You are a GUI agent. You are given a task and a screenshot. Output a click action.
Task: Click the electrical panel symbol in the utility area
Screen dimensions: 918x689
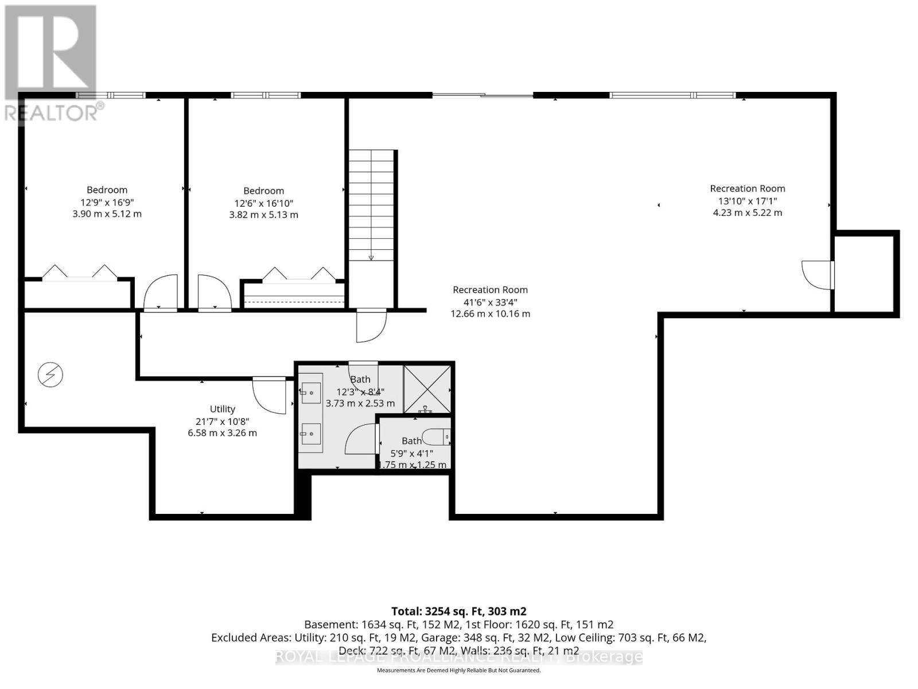pos(50,376)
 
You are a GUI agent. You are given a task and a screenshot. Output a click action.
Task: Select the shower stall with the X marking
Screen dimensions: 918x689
pos(427,389)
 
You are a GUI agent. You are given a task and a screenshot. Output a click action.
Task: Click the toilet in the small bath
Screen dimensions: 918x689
pos(435,438)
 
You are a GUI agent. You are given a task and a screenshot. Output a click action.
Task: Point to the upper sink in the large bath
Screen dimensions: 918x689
pos(310,393)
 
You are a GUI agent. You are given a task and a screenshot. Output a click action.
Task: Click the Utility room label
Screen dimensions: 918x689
pos(222,409)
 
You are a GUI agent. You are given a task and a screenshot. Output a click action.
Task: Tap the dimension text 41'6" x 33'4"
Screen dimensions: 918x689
pos(490,302)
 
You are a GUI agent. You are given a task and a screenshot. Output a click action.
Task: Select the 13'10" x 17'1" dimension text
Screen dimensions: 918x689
pos(747,200)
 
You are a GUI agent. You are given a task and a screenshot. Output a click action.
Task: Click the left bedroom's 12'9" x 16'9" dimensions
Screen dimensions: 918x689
pos(107,202)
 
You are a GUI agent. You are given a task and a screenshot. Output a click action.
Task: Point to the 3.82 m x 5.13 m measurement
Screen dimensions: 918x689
pos(263,215)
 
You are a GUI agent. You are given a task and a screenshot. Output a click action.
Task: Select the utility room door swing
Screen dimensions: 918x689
pos(270,394)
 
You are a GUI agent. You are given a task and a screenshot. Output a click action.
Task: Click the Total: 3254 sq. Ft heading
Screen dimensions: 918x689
pos(458,611)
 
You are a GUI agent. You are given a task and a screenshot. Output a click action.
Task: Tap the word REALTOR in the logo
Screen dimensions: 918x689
pos(52,113)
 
